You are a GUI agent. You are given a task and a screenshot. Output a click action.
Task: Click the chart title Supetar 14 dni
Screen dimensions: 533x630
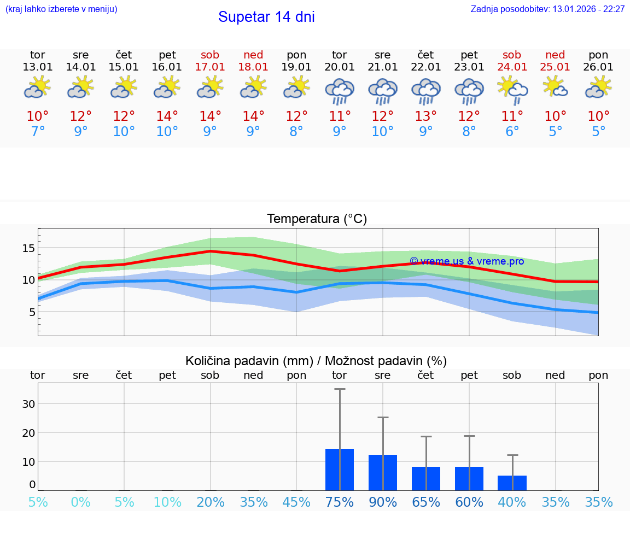[266, 17]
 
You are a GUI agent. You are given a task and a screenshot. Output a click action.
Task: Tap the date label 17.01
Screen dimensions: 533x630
[210, 67]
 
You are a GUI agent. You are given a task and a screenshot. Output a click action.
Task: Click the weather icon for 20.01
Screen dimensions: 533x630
[340, 91]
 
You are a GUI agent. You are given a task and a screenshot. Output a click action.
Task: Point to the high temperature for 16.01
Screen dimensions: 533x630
[167, 116]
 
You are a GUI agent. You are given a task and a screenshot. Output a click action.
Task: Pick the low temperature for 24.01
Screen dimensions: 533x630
[512, 132]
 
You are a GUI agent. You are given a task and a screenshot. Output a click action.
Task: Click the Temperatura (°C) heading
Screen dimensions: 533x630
[317, 219]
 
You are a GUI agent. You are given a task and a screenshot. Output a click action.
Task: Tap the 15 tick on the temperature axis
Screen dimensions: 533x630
[28, 248]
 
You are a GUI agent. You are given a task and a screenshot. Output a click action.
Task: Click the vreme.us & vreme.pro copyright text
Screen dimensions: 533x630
[466, 261]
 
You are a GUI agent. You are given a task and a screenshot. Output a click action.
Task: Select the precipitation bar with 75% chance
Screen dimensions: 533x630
[340, 470]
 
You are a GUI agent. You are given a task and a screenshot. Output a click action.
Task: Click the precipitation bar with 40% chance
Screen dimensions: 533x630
[512, 483]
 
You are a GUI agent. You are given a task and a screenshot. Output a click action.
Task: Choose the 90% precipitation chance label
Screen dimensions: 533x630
[383, 502]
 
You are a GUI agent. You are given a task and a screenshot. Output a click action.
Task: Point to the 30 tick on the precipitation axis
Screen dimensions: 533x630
[28, 404]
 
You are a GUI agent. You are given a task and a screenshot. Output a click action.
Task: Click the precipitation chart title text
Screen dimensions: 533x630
[316, 361]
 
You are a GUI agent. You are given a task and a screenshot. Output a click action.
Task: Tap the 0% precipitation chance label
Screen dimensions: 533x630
[81, 502]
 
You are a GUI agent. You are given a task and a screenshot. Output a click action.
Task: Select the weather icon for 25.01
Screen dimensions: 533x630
[556, 87]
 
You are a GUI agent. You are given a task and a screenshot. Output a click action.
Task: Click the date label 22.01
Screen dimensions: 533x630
[426, 67]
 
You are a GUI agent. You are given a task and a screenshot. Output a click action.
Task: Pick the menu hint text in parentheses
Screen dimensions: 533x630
[61, 9]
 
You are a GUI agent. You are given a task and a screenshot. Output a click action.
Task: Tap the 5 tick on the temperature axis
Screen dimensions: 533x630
[31, 312]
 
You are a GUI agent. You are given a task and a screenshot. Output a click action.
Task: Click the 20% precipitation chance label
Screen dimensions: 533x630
[211, 502]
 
